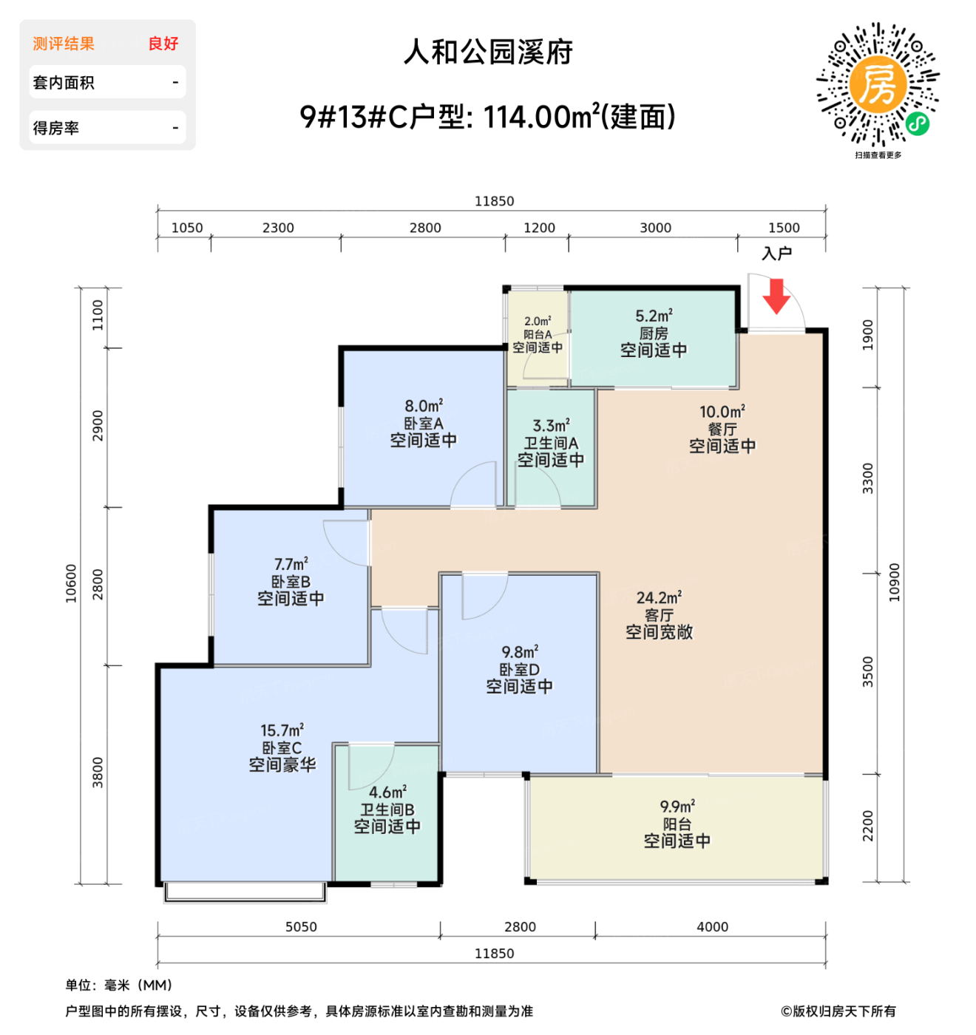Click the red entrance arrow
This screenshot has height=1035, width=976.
(x=776, y=296)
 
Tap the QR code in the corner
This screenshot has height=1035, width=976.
(x=878, y=85)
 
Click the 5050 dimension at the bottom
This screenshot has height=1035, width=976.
(x=301, y=927)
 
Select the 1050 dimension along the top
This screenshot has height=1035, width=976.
(x=187, y=228)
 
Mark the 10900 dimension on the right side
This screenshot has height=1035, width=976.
(x=894, y=583)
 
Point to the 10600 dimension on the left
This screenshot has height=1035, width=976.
(x=71, y=583)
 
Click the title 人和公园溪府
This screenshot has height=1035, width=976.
(x=488, y=52)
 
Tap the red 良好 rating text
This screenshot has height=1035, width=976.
(x=163, y=44)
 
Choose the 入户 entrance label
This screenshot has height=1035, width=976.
(x=776, y=254)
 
